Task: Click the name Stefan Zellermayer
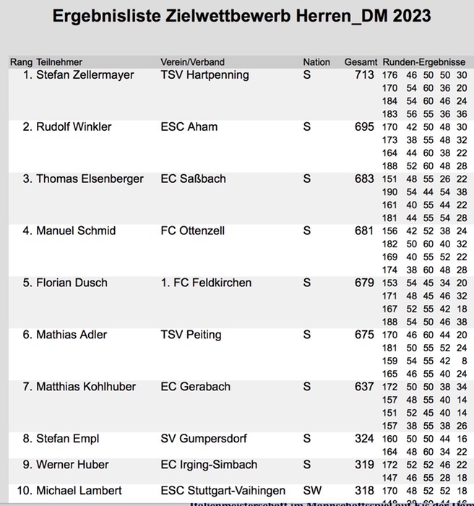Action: point(85,75)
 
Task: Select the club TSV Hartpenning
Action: point(204,75)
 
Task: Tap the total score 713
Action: point(364,75)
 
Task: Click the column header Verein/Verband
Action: point(192,62)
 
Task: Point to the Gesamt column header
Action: point(361,62)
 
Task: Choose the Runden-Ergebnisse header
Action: point(423,62)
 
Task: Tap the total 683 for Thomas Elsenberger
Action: point(364,179)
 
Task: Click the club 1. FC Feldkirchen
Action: point(206,283)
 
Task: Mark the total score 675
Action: point(364,335)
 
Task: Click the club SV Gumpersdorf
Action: point(202,439)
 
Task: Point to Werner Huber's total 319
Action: point(364,466)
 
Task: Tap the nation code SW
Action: point(312,492)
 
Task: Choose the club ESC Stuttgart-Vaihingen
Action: point(223,492)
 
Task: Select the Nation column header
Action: point(316,62)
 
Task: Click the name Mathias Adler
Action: point(72,335)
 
